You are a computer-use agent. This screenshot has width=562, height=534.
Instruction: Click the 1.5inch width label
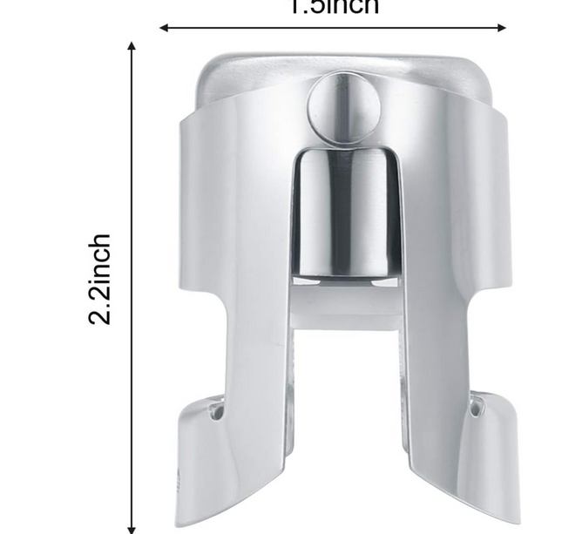[x=334, y=7]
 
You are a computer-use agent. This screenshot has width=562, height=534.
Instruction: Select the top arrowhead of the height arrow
[x=132, y=45]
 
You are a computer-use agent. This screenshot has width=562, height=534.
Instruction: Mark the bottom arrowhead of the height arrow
[x=132, y=527]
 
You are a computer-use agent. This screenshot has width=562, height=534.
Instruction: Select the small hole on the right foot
[x=475, y=403]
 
